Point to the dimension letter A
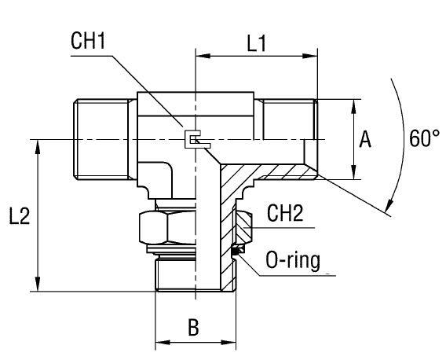(364, 140)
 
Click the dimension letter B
(192, 328)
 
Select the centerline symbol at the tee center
(193, 140)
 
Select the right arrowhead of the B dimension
(232, 343)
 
